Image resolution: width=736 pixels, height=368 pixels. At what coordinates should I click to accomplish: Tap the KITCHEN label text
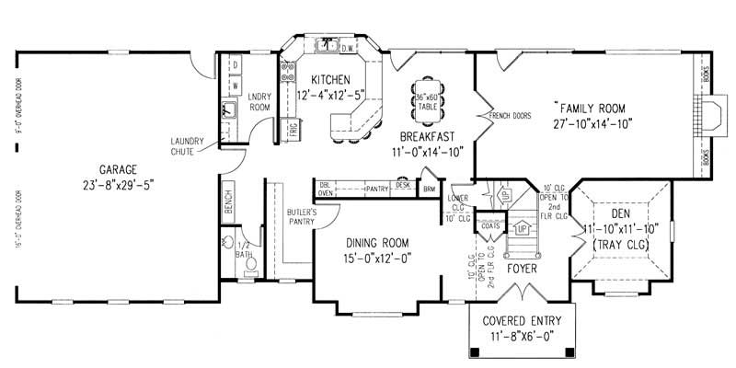tap(329, 79)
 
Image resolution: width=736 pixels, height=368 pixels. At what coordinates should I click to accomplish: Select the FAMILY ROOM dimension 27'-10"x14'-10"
tap(592, 123)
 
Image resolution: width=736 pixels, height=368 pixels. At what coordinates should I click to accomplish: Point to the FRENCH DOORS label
tap(511, 116)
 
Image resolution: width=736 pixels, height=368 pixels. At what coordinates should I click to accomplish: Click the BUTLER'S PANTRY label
tap(301, 216)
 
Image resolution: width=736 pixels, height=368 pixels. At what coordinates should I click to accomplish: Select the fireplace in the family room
tap(707, 118)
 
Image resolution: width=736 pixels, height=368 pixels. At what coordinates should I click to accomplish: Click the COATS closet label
tap(502, 226)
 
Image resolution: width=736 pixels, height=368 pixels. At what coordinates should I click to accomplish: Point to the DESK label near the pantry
tap(403, 184)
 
